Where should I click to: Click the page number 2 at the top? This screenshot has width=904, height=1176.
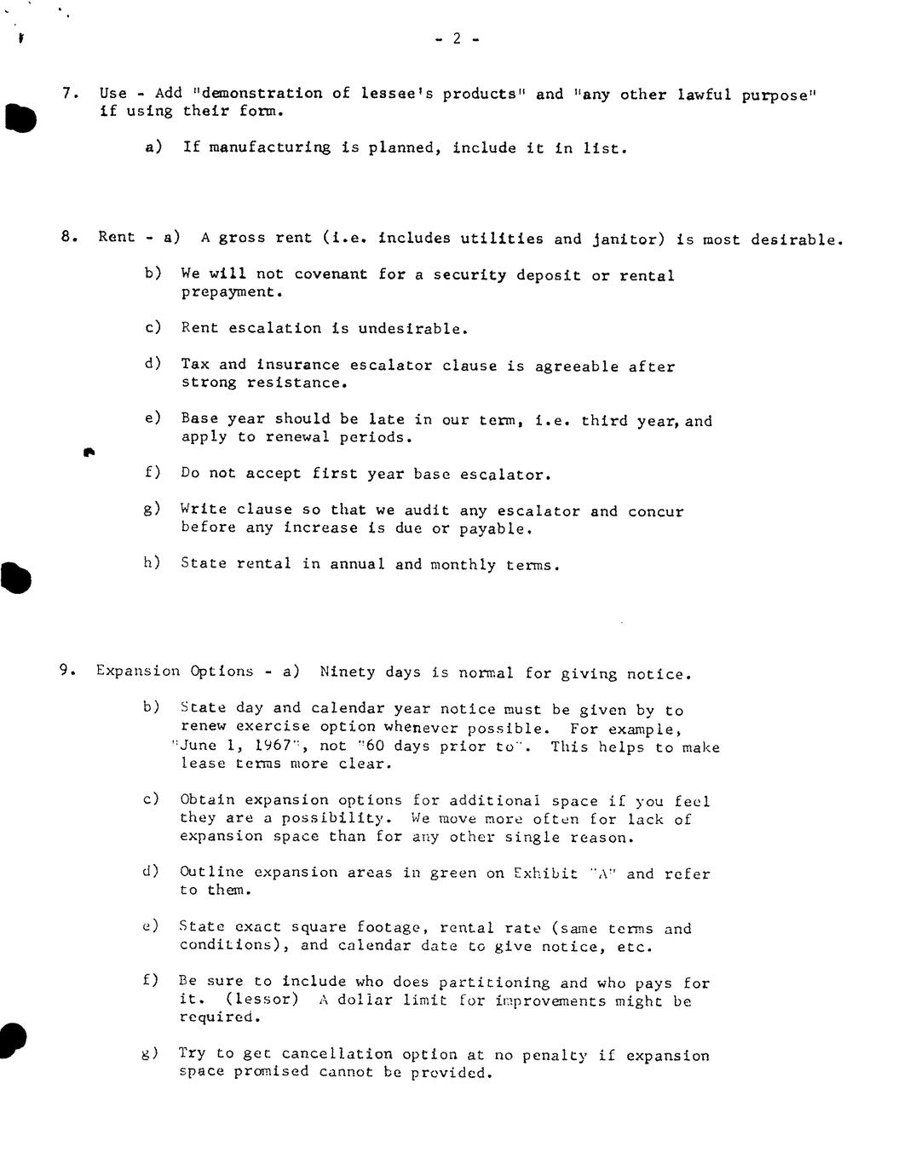[456, 38]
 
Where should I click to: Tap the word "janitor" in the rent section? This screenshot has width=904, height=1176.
[628, 239]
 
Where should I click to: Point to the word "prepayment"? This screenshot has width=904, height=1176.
[231, 292]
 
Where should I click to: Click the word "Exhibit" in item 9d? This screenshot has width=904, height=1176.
[546, 873]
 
